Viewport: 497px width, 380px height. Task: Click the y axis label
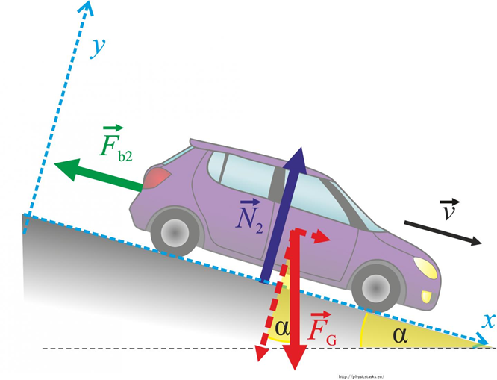click(x=96, y=47)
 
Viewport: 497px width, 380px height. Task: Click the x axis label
click(x=489, y=321)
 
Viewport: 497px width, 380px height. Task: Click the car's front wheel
click(x=374, y=287)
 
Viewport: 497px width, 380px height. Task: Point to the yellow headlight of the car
click(x=425, y=267)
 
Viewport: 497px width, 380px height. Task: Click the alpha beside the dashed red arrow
click(x=281, y=326)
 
